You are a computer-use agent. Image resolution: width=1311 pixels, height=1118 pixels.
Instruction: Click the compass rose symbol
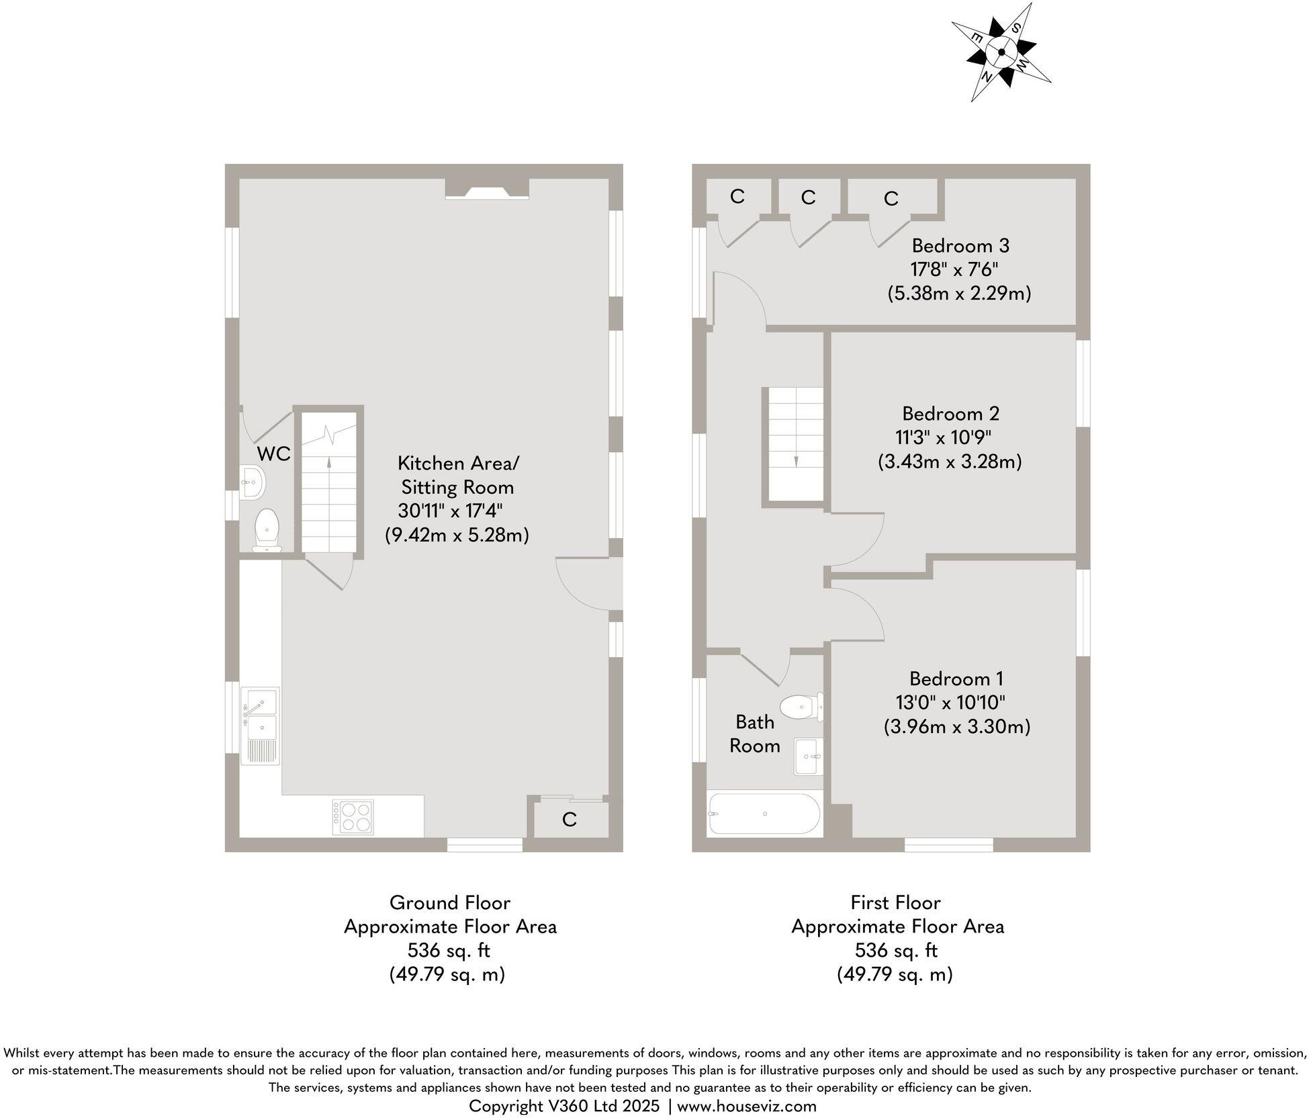[x=1001, y=52]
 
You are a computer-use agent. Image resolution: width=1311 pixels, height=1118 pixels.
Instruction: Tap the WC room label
[x=273, y=454]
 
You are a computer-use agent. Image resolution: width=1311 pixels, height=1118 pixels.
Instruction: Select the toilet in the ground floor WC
[x=268, y=529]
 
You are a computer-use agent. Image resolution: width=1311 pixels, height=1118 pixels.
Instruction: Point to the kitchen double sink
[x=262, y=714]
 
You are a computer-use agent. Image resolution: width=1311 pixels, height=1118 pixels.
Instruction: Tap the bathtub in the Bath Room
[x=764, y=814]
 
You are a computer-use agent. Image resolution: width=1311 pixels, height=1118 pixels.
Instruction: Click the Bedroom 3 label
[x=960, y=246]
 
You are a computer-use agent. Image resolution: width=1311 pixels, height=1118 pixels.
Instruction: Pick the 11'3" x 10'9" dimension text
[x=943, y=437]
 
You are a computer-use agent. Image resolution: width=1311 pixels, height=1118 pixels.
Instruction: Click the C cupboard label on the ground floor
[x=569, y=820]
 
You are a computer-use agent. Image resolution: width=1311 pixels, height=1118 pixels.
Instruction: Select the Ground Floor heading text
[x=449, y=902]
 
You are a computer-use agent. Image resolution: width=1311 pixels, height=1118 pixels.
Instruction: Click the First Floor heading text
[x=895, y=902]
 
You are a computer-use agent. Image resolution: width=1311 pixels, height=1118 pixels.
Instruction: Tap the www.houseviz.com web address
[x=746, y=1106]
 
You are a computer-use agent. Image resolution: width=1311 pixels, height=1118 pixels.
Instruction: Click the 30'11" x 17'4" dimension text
[x=450, y=511]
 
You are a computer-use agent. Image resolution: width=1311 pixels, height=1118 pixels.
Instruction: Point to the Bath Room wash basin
[x=807, y=756]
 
